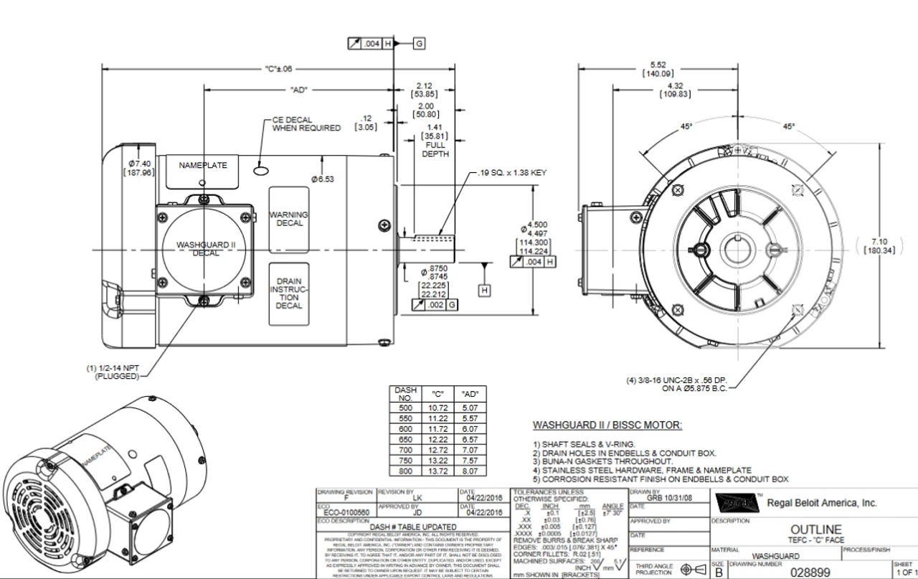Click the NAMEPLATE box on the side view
tap(203, 166)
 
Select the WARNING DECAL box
tap(288, 218)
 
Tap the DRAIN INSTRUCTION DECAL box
tap(288, 293)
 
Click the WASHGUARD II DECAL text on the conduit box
tap(205, 249)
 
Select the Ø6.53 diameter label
tap(323, 179)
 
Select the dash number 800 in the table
tap(404, 471)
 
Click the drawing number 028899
tap(810, 573)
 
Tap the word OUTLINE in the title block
tap(816, 529)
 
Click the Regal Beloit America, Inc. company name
tap(822, 503)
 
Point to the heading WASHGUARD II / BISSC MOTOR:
tap(607, 425)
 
